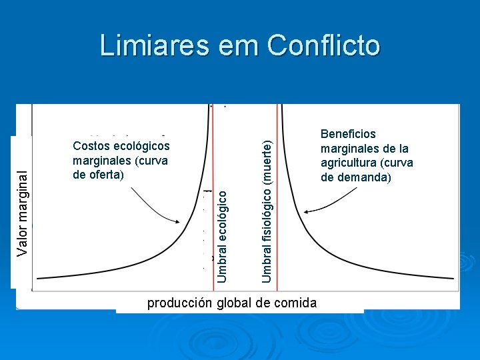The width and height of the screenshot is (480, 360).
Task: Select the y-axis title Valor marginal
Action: [23, 211]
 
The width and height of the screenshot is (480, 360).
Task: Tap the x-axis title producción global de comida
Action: [231, 303]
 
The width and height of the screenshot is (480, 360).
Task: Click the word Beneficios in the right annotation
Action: [348, 134]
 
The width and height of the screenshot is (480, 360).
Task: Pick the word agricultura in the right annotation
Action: [351, 163]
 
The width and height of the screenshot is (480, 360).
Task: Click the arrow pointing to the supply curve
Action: [156, 207]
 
